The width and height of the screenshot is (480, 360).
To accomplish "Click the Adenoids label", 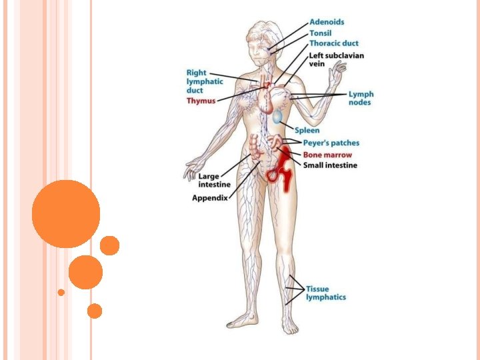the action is [x=327, y=22].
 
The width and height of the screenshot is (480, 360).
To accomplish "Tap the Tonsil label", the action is [x=320, y=33].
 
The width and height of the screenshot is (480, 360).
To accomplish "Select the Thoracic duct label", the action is [x=334, y=43].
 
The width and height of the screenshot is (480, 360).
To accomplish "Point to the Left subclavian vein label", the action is [x=336, y=60].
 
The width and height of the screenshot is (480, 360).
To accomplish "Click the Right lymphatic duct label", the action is [x=205, y=81].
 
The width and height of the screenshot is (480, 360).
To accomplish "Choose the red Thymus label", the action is [x=201, y=100].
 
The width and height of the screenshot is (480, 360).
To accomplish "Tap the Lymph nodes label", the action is [x=361, y=98].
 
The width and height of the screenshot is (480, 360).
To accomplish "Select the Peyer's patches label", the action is [x=331, y=143].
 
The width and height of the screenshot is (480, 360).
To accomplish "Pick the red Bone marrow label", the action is [x=327, y=155].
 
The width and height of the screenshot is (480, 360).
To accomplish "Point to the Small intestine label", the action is [x=330, y=165].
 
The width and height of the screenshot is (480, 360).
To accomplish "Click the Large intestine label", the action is [x=214, y=180].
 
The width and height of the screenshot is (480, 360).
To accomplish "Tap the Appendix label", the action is [x=209, y=198].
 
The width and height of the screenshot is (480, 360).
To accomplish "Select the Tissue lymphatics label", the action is [x=326, y=293].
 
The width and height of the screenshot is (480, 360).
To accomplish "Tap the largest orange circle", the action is [x=66, y=214].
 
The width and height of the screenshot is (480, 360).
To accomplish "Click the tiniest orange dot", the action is [x=61, y=292].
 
